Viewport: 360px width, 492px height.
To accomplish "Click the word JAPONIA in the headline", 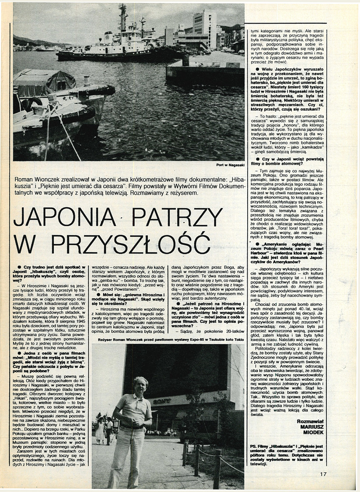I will point(64,218).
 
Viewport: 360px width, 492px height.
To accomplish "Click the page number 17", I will point(323,474).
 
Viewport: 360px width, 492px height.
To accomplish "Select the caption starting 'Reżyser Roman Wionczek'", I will point(168,339).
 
